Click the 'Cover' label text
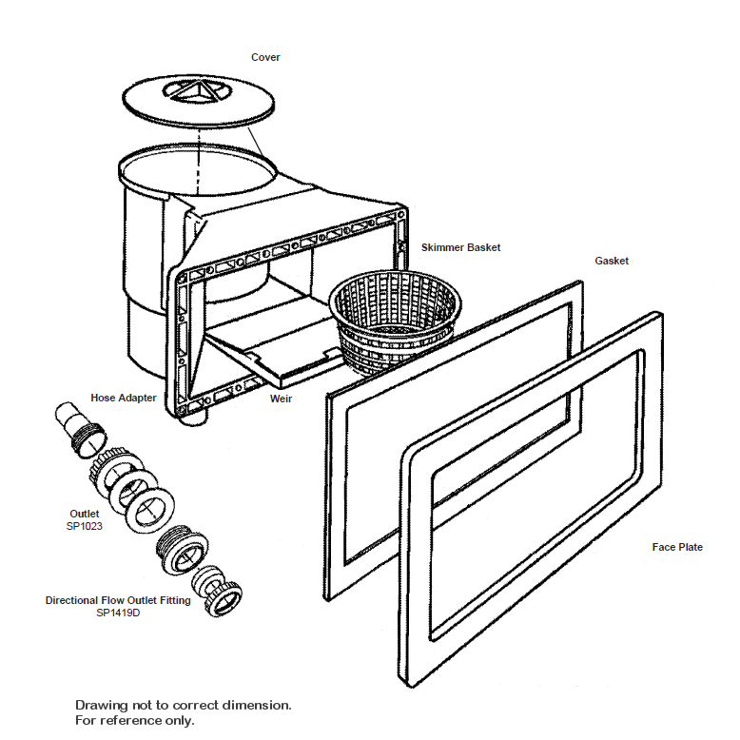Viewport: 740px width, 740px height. (265, 58)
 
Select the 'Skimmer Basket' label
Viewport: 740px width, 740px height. (460, 247)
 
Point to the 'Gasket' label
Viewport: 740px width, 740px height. (612, 261)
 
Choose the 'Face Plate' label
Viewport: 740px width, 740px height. (677, 547)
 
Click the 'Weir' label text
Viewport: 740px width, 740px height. (280, 399)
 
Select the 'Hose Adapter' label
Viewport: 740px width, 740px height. (124, 398)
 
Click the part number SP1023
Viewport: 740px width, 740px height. (85, 525)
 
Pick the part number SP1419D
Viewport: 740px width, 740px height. (118, 613)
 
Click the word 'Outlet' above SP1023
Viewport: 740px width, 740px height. (85, 514)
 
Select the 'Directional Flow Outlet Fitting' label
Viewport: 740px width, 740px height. (118, 601)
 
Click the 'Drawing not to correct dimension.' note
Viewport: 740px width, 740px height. (184, 705)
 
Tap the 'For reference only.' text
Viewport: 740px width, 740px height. (135, 720)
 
